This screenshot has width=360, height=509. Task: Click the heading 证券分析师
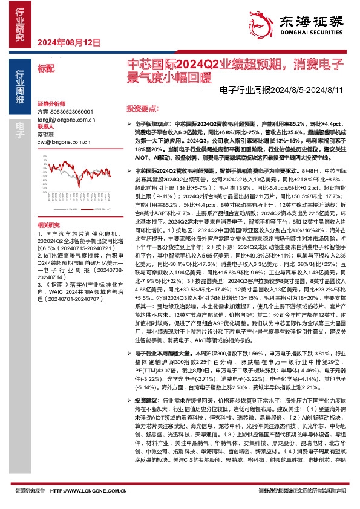pos(50,104)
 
